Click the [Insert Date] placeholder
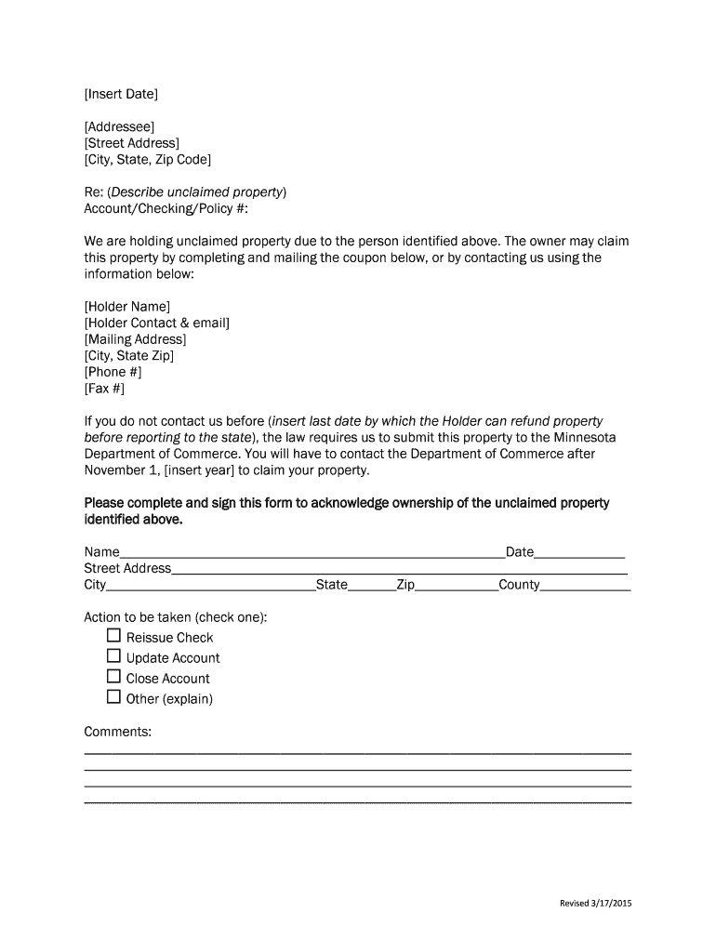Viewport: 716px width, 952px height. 121,94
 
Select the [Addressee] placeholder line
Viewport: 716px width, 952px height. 119,126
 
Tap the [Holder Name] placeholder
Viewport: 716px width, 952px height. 127,306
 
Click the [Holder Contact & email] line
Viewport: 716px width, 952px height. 156,323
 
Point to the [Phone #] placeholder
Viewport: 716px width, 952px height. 113,372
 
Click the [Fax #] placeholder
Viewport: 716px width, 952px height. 103,389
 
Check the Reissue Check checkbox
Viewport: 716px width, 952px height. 113,636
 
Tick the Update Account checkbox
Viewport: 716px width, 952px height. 113,656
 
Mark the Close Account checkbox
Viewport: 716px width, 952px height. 113,677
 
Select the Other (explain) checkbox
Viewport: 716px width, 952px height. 113,697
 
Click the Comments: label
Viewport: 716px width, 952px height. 118,732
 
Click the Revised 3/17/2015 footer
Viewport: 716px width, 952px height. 595,904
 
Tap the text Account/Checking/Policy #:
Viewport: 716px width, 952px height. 153,208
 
